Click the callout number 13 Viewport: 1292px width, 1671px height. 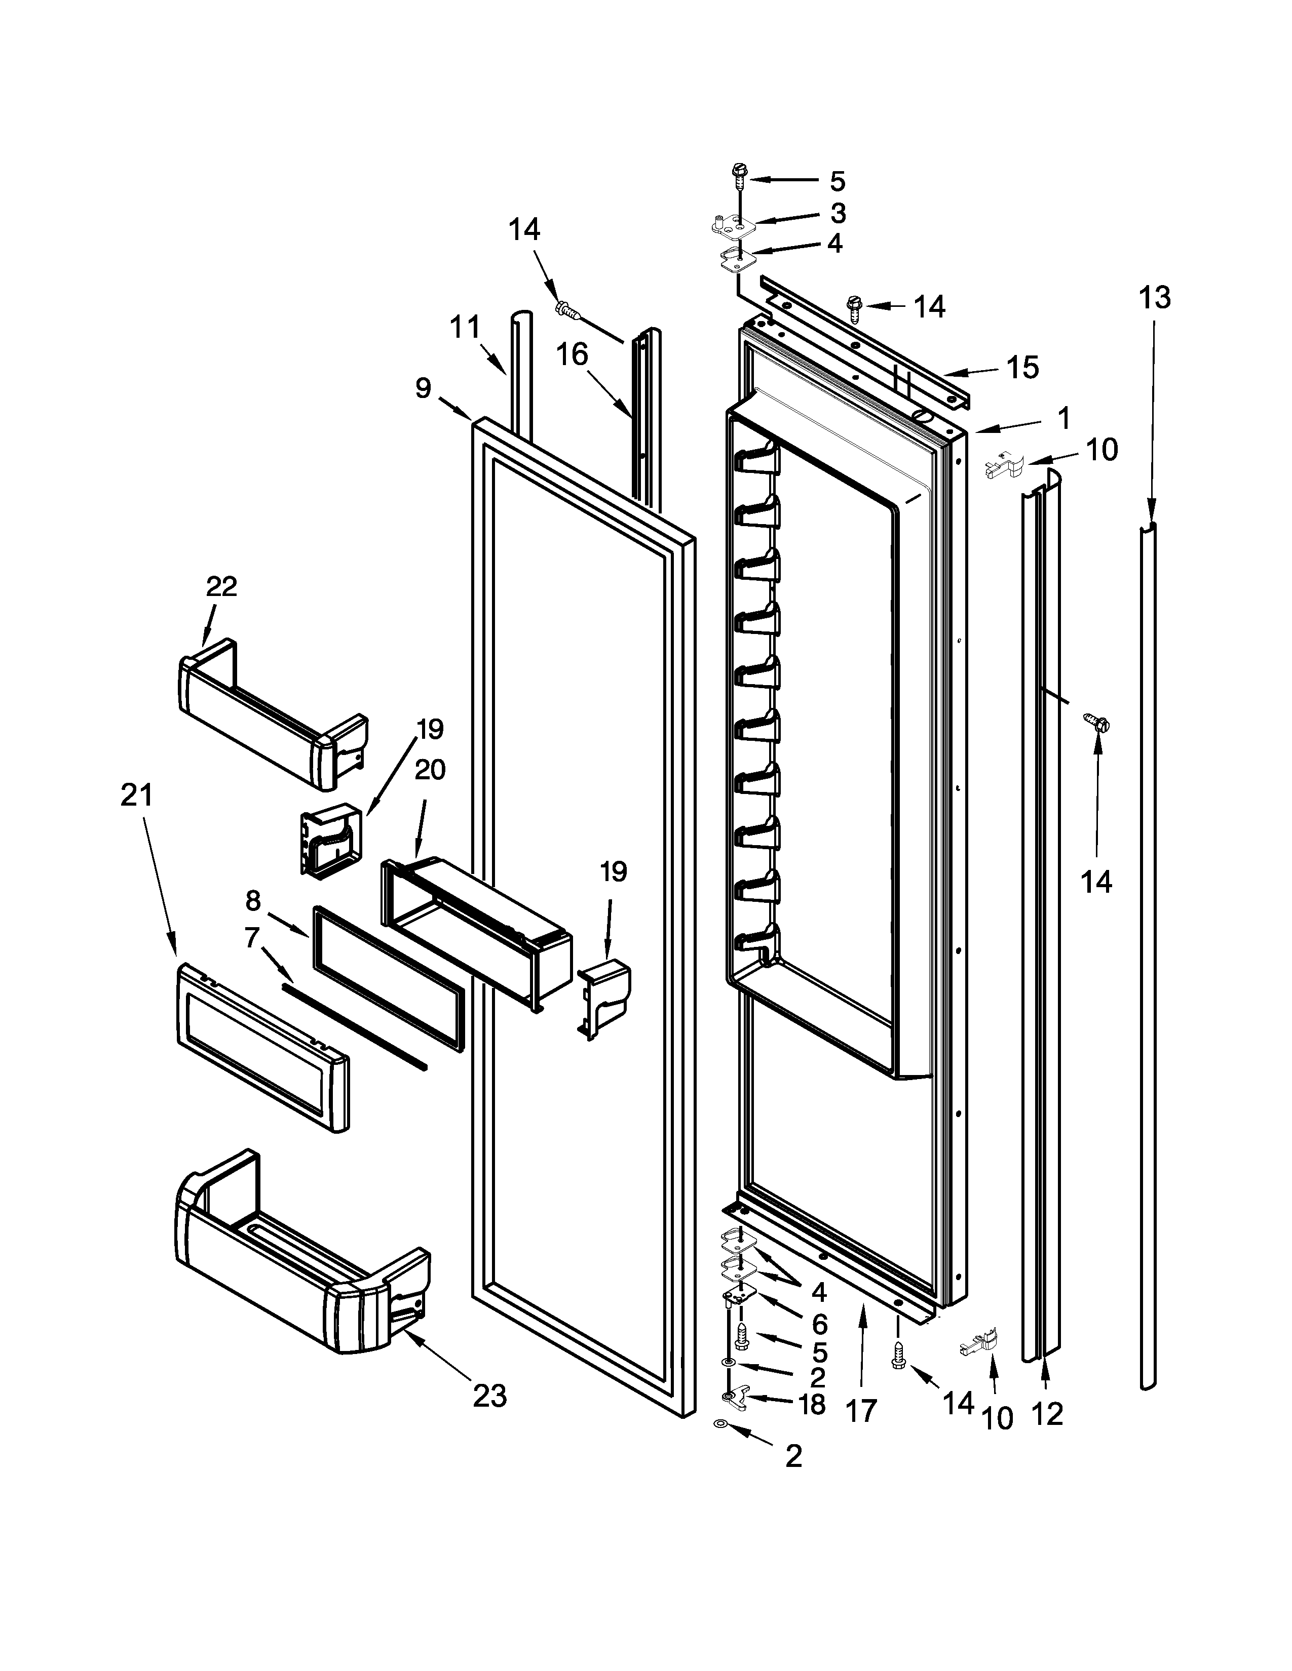pyautogui.click(x=1154, y=298)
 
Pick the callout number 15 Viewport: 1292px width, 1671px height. pyautogui.click(x=1022, y=368)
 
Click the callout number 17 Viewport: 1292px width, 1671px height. pyautogui.click(x=861, y=1410)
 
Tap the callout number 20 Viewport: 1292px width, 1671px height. pyautogui.click(x=430, y=769)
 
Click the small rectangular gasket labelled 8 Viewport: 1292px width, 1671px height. pyautogui.click(x=388, y=979)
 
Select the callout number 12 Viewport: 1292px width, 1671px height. pyautogui.click(x=1046, y=1415)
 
